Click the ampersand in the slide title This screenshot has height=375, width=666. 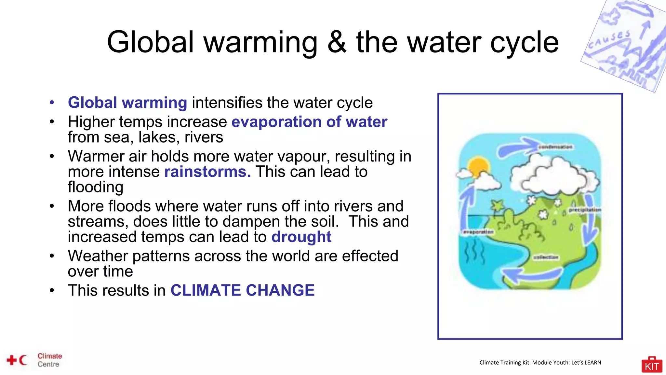(x=337, y=42)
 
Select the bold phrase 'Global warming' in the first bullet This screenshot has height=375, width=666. (x=127, y=103)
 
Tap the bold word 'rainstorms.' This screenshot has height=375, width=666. (x=207, y=172)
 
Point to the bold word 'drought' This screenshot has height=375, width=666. (x=301, y=237)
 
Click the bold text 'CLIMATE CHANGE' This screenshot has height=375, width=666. (x=243, y=290)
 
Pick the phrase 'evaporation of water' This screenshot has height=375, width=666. (x=309, y=122)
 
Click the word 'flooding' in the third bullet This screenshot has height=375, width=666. (x=96, y=187)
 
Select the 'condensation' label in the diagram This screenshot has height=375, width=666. (x=555, y=147)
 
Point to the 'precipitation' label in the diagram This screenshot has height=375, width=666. (x=585, y=210)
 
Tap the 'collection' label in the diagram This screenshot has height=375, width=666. (x=546, y=257)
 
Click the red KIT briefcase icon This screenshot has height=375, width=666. (x=652, y=365)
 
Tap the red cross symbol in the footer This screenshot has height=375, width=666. (x=12, y=360)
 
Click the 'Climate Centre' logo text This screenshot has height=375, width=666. (x=49, y=360)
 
